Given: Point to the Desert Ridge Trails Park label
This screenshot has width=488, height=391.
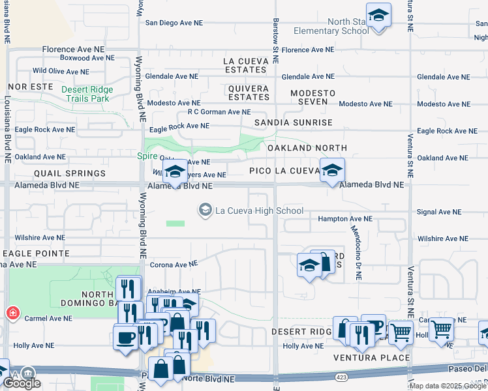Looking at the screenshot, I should coord(88,94).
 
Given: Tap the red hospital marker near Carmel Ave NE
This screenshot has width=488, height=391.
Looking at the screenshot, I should coord(11,313).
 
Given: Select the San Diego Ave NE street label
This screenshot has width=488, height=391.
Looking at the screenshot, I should coord(174,22).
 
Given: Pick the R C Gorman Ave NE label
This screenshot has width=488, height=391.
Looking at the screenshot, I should coord(219,111).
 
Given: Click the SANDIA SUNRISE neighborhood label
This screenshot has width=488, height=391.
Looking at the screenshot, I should coord(293,123).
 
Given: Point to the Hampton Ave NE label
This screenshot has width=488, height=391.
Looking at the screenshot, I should coord(345,220).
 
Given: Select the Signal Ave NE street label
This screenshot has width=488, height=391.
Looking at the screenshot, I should coord(439,212).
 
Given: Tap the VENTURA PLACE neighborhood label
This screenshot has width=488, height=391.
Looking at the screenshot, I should coord(371,358).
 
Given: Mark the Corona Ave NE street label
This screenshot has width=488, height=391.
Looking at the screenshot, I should coord(174,265).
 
